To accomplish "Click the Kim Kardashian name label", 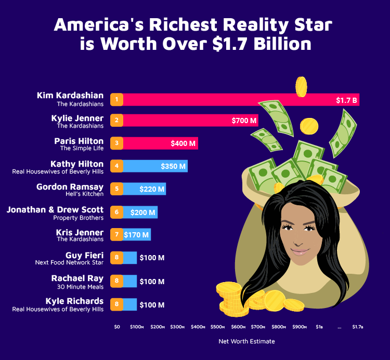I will click(70, 96).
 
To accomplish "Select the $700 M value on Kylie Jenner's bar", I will click(244, 121).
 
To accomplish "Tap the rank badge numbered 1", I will click(118, 99).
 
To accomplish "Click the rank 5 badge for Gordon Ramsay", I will click(118, 189).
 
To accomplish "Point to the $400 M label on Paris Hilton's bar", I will click(183, 143).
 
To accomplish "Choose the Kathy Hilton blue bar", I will click(156, 166).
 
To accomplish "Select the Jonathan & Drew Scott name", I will click(55, 210).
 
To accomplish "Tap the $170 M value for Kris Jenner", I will click(136, 235).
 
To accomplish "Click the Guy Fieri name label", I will click(84, 256).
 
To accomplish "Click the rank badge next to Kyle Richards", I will click(118, 304).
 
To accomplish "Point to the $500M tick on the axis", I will click(218, 327).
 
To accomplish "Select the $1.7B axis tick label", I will click(358, 327).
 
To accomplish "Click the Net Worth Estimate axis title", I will click(246, 341).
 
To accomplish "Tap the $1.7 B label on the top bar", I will click(346, 100).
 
